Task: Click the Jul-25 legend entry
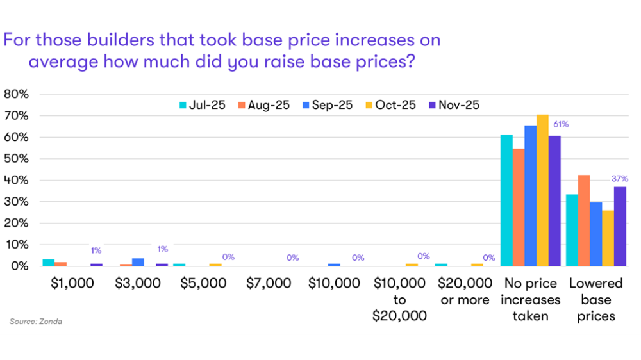coord(201,105)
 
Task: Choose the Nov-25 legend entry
coord(454,105)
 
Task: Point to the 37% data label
coord(620,179)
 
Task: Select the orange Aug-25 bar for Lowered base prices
coord(584,220)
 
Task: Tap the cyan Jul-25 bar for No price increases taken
coord(506,200)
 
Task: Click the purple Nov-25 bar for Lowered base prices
coord(620,226)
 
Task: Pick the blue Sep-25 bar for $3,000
coord(137,262)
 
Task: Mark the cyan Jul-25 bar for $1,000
coord(48,263)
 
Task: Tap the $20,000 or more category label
coord(465,291)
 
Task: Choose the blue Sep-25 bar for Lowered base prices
coord(596,234)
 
